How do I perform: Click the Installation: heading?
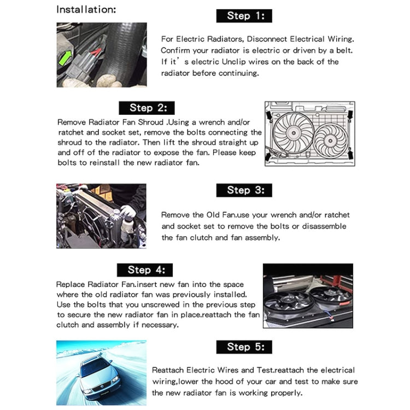click(x=86, y=10)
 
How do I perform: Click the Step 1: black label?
click(x=243, y=16)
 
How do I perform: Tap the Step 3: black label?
click(x=243, y=190)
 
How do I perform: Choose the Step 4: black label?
click(x=144, y=270)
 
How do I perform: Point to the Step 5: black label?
click(x=243, y=347)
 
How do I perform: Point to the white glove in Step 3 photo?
click(x=128, y=211)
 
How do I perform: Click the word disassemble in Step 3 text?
click(x=323, y=226)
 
